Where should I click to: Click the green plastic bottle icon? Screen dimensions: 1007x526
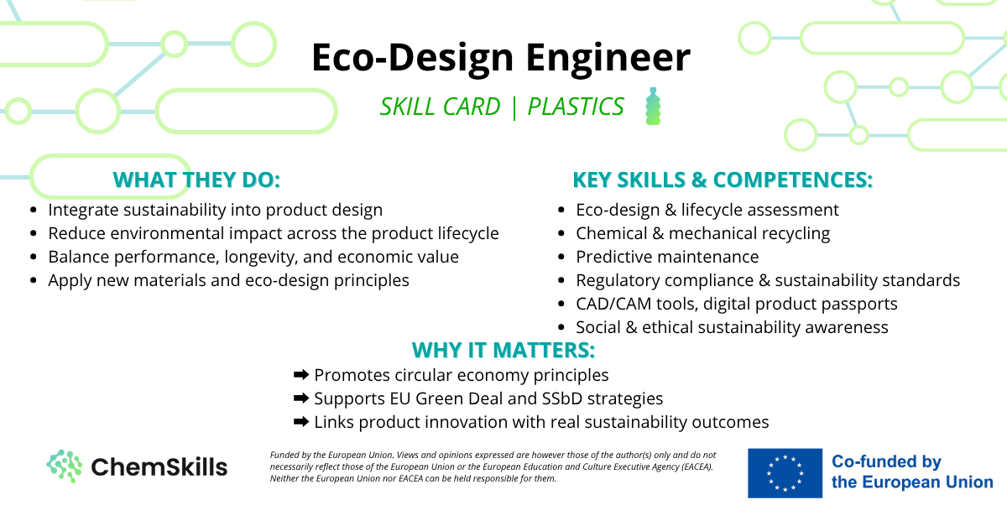point(653,106)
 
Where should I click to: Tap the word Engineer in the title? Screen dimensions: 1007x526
point(608,58)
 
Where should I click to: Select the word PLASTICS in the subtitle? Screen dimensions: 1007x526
point(576,107)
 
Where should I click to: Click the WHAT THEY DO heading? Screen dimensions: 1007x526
point(196,180)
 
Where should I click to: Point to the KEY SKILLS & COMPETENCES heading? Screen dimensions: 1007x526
point(723,180)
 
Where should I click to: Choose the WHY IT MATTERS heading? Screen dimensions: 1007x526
point(503,350)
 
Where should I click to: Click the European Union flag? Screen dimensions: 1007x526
point(785,473)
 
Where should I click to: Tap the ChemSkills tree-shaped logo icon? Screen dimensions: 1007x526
point(65,466)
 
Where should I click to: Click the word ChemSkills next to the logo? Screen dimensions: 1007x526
point(159,466)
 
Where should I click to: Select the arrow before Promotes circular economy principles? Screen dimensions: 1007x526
point(301,374)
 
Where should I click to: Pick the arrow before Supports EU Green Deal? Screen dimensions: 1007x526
point(301,398)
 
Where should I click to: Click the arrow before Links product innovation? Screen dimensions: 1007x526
point(301,422)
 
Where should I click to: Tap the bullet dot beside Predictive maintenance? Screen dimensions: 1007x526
point(561,257)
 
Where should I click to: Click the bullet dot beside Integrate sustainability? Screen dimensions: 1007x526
point(33,210)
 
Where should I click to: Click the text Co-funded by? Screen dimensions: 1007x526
point(886,461)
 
